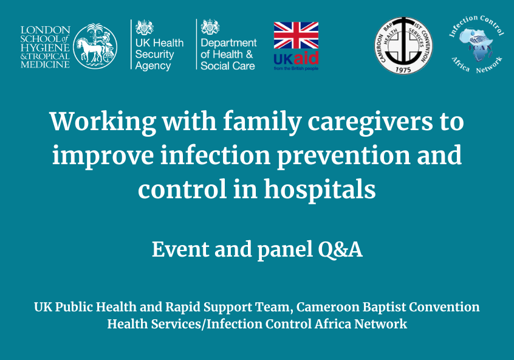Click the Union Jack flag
pyautogui.click(x=296, y=35)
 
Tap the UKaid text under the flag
pyautogui.click(x=296, y=59)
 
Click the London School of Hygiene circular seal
pyautogui.click(x=95, y=46)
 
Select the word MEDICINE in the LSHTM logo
pyautogui.click(x=45, y=64)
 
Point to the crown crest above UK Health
pyautogui.click(x=144, y=27)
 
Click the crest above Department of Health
pyautogui.click(x=210, y=27)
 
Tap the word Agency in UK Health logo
pyautogui.click(x=152, y=66)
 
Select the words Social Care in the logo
pyautogui.click(x=227, y=66)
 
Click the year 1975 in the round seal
pyautogui.click(x=403, y=69)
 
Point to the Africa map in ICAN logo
pyautogui.click(x=476, y=45)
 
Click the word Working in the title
pyautogui.click(x=103, y=122)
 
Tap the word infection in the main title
pyautogui.click(x=215, y=155)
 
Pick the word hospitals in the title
pyautogui.click(x=320, y=190)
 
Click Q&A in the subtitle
pyautogui.click(x=340, y=250)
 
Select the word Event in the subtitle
pyautogui.click(x=180, y=249)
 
